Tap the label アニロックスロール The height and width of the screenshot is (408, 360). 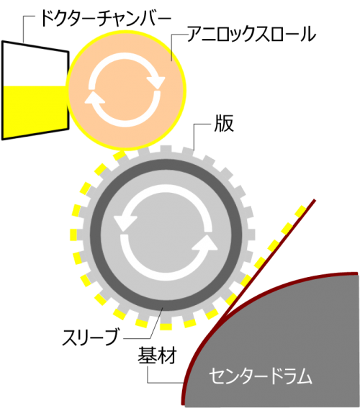point(251,34)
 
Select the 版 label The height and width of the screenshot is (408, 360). point(224,123)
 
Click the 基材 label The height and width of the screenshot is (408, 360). point(157,355)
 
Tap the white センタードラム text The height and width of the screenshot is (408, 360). point(261,376)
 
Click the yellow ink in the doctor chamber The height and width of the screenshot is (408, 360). point(35,111)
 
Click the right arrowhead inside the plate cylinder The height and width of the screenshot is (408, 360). point(205,242)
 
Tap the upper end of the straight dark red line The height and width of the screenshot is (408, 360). point(315,200)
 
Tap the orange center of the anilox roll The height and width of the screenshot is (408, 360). point(126,90)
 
